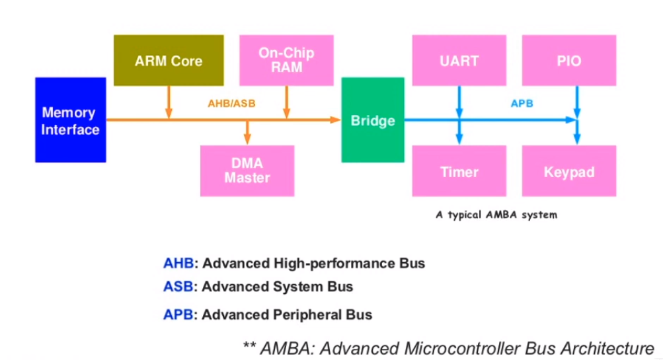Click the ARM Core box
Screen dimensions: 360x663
point(169,61)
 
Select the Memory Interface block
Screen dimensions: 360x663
point(70,120)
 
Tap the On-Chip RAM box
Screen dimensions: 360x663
point(286,60)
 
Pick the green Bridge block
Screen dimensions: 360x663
point(373,120)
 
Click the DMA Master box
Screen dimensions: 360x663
point(247,171)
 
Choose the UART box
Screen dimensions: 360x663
point(459,61)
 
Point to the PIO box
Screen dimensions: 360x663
point(568,61)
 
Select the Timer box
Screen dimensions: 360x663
point(459,172)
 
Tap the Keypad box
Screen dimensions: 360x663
point(568,172)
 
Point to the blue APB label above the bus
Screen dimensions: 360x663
point(522,104)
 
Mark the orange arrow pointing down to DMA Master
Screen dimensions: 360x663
point(248,132)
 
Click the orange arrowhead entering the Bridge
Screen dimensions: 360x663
point(335,120)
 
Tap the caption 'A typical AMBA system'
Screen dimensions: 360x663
point(496,215)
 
